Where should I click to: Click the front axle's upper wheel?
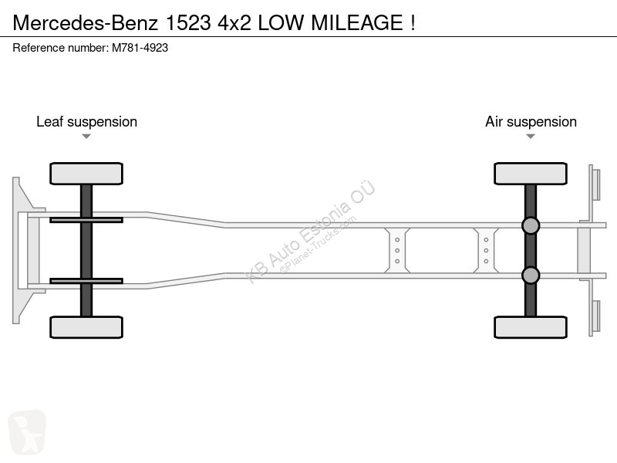pyautogui.click(x=86, y=174)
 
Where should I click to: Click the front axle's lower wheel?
pyautogui.click(x=86, y=327)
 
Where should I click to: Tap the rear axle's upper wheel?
pyautogui.click(x=531, y=174)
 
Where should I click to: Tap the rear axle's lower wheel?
pyautogui.click(x=531, y=327)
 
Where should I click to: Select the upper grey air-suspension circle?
pyautogui.click(x=531, y=225)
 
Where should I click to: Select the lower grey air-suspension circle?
pyautogui.click(x=531, y=275)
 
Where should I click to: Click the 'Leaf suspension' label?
pyautogui.click(x=86, y=122)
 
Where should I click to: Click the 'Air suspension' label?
pyautogui.click(x=531, y=122)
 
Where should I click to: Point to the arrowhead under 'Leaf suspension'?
pyautogui.click(x=86, y=137)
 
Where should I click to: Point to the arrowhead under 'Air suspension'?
pyautogui.click(x=531, y=137)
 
